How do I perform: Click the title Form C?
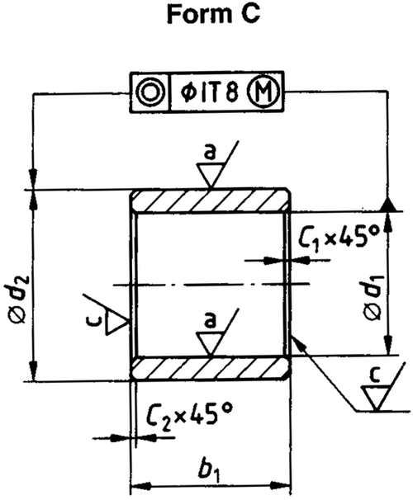[x=214, y=14]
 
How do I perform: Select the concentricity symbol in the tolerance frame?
[x=150, y=92]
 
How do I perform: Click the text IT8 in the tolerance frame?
[x=219, y=92]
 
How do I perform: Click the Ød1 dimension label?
[x=373, y=296]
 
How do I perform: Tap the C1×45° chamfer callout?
[x=339, y=238]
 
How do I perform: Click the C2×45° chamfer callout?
[x=189, y=416]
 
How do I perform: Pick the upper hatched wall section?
[x=211, y=200]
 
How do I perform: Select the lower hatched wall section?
[x=211, y=368]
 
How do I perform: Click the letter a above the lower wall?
[x=210, y=321]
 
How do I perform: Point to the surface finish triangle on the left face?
[x=116, y=323]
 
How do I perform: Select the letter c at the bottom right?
[x=376, y=375]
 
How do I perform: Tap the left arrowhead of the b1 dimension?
[x=140, y=487]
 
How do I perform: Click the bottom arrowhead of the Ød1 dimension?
[x=387, y=344]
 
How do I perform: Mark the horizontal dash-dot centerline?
[x=211, y=284]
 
